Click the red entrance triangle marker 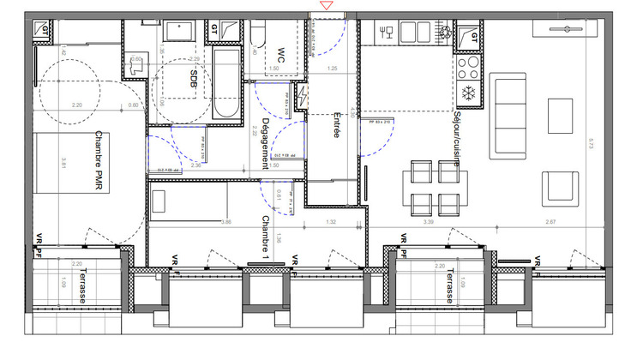326,7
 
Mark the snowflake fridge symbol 469,92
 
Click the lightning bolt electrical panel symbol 303,96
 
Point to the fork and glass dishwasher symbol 387,33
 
